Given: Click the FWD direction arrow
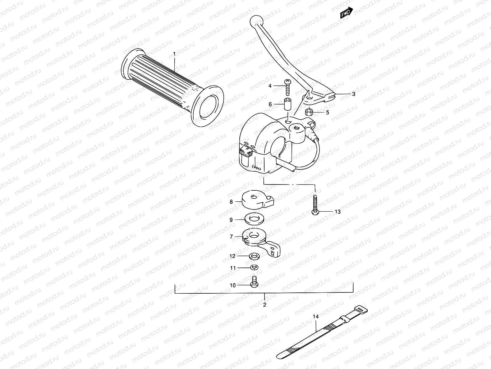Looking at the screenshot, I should point(346,13).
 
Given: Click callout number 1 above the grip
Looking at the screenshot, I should point(174,54).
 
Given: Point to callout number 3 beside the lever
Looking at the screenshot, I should point(354,94).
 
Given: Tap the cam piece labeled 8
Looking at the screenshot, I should point(257,200).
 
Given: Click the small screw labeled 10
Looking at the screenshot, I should point(254,282).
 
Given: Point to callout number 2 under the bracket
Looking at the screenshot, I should point(265,305).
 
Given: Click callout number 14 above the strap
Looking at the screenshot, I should point(316,316).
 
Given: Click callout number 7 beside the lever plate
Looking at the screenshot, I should point(231,236).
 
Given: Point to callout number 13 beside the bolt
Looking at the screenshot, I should point(338,212).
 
